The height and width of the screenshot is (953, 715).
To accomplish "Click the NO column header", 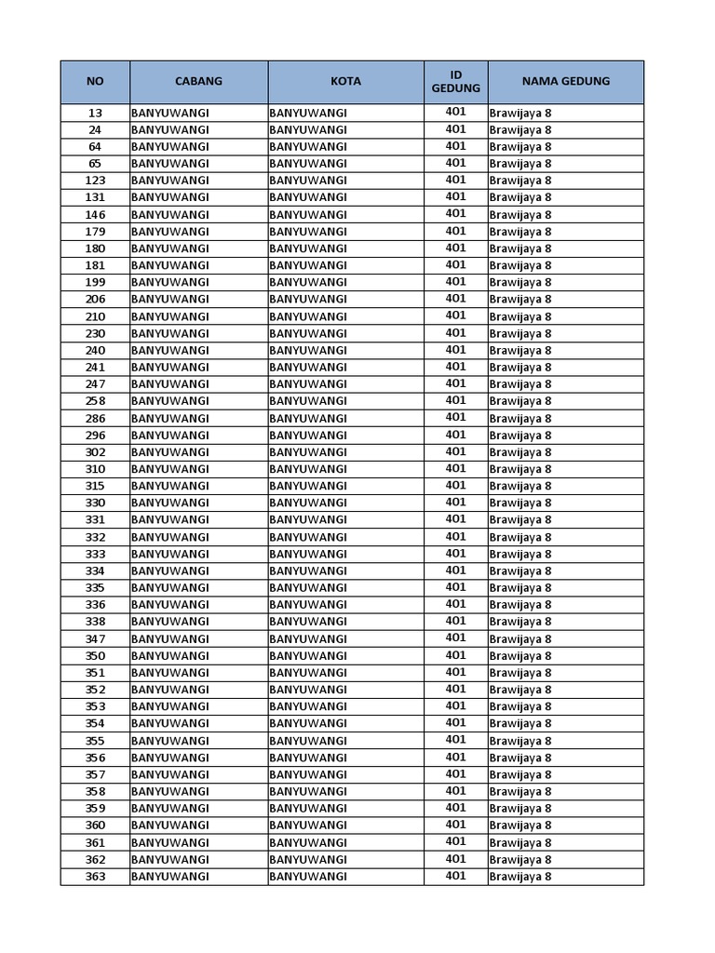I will coord(95,81).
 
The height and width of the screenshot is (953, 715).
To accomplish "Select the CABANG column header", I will coord(198,81).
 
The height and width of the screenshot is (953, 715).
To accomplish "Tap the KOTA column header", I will coord(345,81).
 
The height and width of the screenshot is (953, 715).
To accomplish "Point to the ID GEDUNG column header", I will coord(455,81).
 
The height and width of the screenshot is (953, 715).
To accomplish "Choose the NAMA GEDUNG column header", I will coord(565,81).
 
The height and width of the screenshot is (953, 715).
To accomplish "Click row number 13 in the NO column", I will coord(95,113).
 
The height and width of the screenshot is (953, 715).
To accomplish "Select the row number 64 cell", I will coord(95,147).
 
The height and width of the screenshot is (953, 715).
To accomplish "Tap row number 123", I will coord(95,181).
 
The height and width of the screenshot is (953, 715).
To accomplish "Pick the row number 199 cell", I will coord(95,282).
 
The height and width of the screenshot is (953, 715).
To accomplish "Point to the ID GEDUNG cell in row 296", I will coord(455,435).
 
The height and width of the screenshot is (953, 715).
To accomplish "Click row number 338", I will coord(95,622).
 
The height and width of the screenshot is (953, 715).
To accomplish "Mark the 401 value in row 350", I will coord(455,655).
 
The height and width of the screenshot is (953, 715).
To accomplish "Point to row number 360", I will coord(95,825).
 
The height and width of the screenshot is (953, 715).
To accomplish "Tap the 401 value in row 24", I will coord(455,129).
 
